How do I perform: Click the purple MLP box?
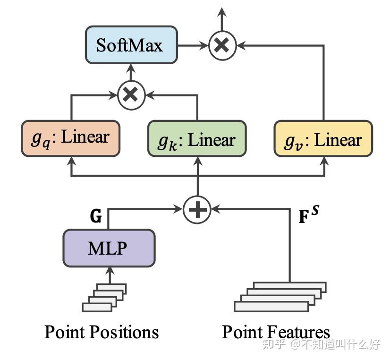(109, 248)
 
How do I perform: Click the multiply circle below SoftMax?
(131, 94)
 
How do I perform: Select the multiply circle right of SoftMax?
(222, 45)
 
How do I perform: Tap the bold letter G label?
(96, 216)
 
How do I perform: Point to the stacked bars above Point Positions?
(104, 298)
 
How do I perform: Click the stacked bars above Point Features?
(280, 297)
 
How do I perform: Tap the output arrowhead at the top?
(222, 11)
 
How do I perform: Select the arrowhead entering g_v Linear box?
(324, 161)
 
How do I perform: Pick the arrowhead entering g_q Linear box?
(71, 160)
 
